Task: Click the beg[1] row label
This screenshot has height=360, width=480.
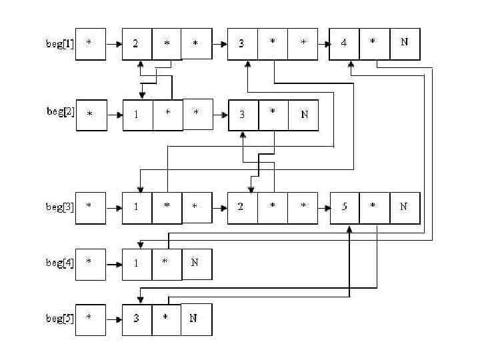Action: (58, 44)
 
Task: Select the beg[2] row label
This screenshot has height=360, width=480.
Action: (60, 112)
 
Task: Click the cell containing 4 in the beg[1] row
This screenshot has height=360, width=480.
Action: (344, 44)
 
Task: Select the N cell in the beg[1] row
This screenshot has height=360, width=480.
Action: (404, 44)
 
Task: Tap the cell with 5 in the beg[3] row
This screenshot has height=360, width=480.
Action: (345, 207)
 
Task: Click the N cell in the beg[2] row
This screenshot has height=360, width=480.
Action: (304, 115)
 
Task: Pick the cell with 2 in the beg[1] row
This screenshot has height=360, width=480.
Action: (137, 44)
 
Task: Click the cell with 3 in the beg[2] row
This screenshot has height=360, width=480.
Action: (243, 115)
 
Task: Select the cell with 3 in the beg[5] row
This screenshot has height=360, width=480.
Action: (137, 318)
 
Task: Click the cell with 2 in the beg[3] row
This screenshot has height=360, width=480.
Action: (242, 207)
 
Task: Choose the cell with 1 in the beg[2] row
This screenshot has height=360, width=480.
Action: (137, 115)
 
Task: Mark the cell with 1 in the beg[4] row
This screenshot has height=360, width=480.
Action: (137, 262)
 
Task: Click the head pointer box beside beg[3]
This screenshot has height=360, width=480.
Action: (90, 207)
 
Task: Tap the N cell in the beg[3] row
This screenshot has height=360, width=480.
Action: (404, 207)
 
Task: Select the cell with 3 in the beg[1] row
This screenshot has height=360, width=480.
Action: (242, 44)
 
